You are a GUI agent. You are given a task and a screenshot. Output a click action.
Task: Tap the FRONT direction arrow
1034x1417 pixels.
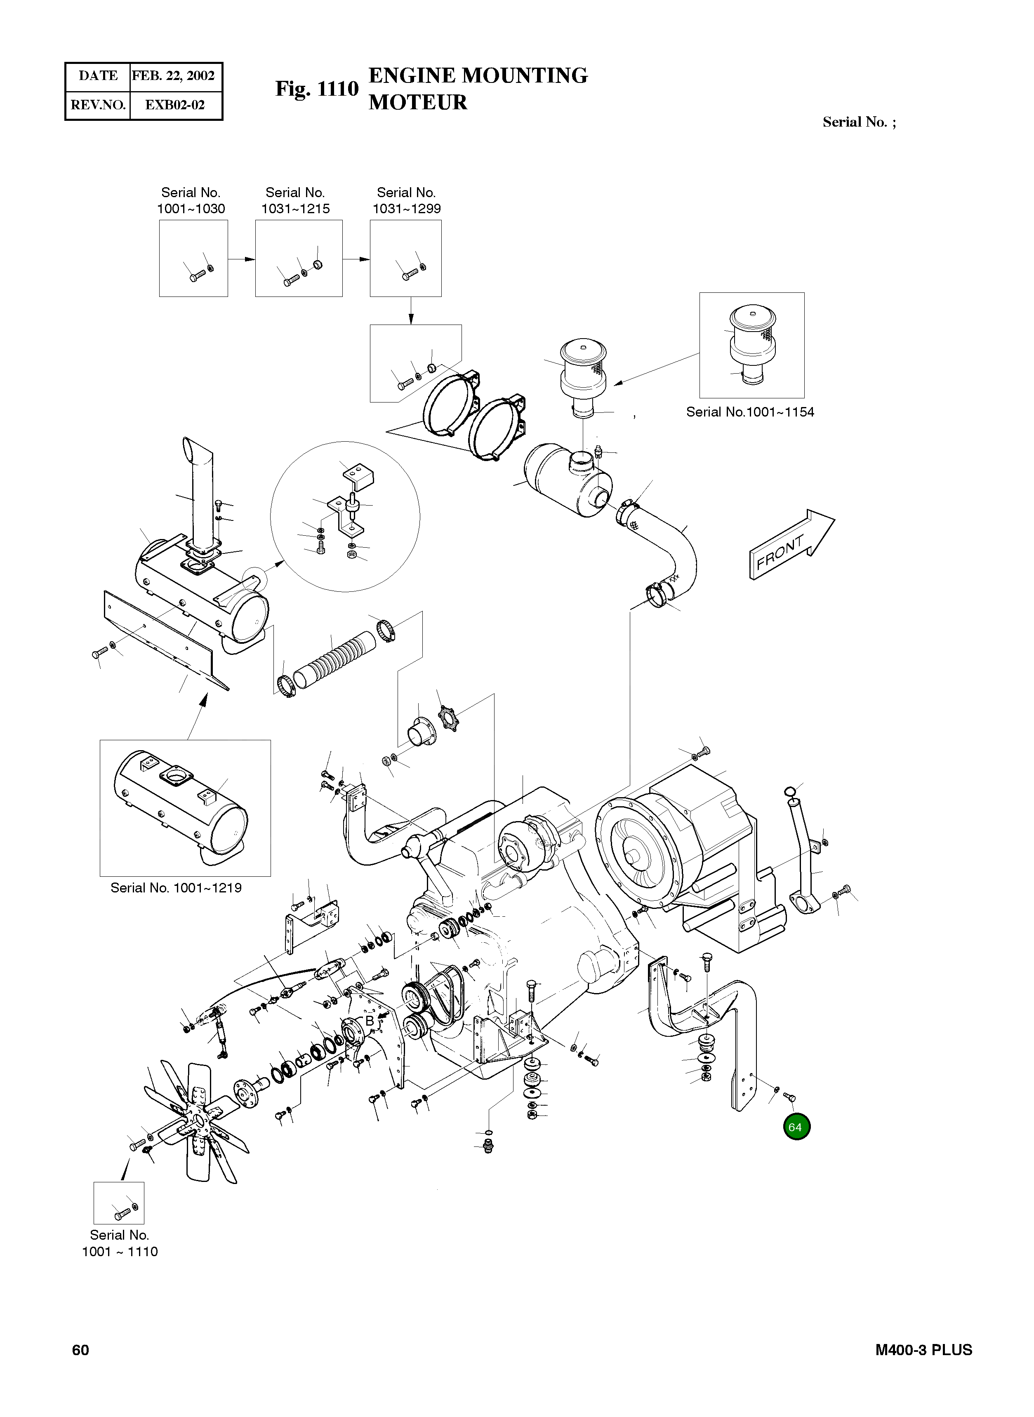tap(791, 544)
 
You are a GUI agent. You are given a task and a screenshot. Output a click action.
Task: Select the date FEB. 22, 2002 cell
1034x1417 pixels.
tap(173, 76)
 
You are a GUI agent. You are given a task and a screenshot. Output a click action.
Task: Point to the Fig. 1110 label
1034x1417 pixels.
tap(317, 89)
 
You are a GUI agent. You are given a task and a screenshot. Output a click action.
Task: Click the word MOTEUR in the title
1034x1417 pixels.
tap(417, 102)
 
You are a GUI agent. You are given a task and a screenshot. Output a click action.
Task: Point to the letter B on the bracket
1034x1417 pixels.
tap(369, 1021)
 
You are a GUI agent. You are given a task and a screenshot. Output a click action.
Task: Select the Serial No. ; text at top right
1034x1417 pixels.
tap(859, 122)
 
